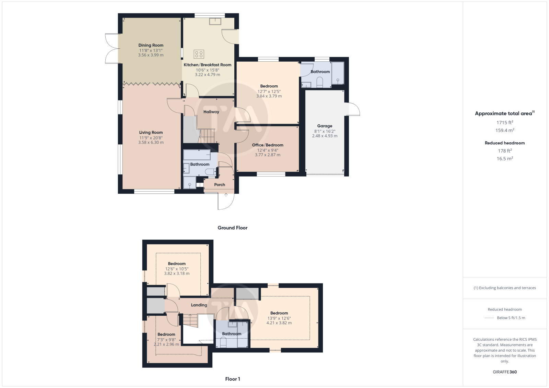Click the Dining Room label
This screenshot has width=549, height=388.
[151, 45]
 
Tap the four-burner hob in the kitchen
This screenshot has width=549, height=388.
[199, 54]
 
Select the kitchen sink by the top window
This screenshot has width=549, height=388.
[215, 21]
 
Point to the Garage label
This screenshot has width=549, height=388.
[325, 126]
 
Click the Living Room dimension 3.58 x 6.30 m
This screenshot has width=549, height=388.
[151, 142]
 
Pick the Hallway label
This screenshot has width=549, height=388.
[211, 112]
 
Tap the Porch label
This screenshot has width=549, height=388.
[219, 185]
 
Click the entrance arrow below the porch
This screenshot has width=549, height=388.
[226, 195]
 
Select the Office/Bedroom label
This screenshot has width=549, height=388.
[267, 145]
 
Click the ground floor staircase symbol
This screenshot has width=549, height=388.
[207, 136]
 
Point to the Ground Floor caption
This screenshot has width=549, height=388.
[232, 228]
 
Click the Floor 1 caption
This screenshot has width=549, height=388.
[233, 379]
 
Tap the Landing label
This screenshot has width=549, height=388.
[199, 305]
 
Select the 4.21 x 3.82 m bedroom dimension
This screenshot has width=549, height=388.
[279, 323]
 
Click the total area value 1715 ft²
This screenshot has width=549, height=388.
[505, 122]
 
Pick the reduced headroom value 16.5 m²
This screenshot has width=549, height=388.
[505, 158]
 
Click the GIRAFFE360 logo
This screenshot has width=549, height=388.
[505, 372]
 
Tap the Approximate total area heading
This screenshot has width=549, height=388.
[505, 113]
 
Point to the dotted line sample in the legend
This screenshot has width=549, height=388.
[489, 318]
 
